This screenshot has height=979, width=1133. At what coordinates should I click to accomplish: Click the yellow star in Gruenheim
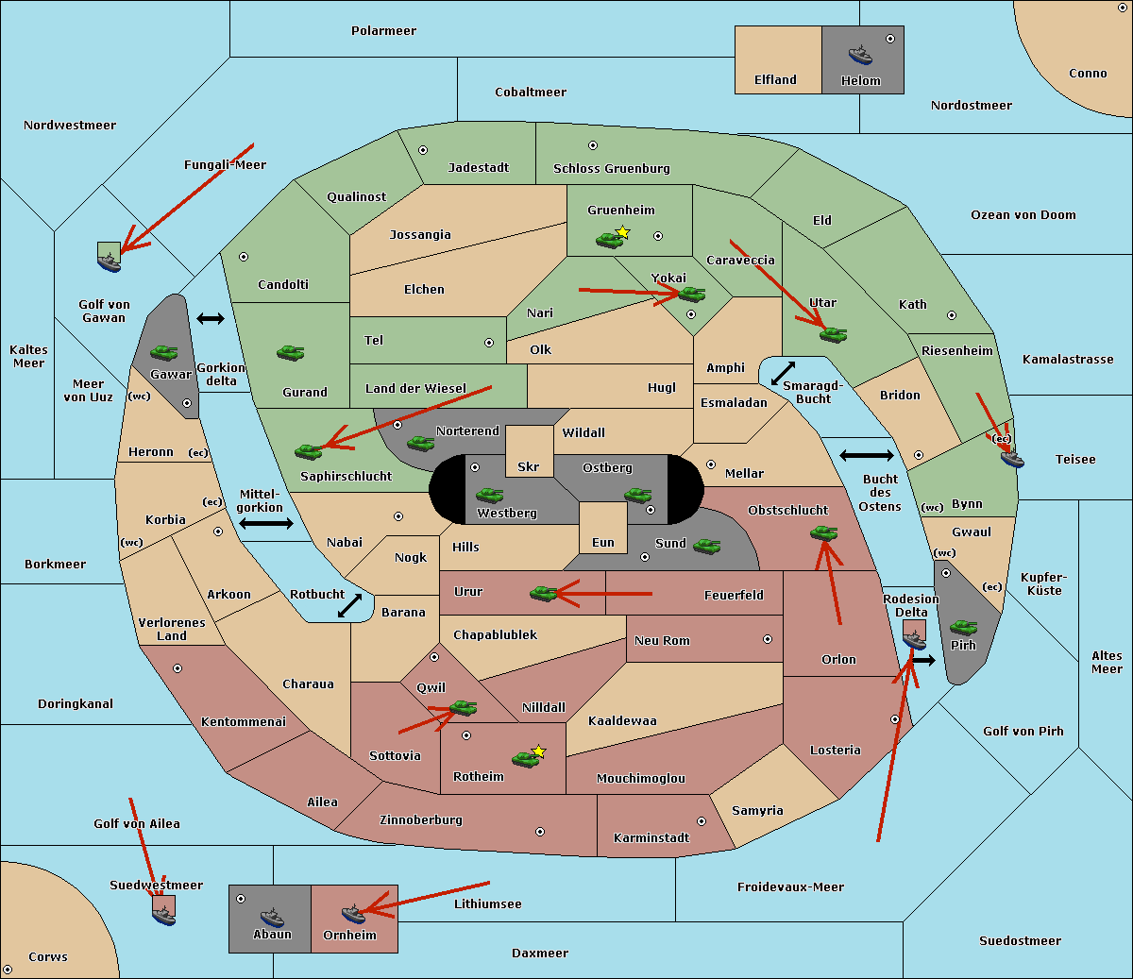click(623, 232)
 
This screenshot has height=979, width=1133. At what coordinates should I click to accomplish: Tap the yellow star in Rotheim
click(539, 751)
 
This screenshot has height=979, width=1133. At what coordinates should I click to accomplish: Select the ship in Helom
click(860, 55)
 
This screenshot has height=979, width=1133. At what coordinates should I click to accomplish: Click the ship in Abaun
click(272, 918)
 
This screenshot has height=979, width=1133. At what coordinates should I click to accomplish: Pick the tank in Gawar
click(164, 352)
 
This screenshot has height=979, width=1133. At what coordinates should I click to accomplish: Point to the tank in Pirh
click(963, 627)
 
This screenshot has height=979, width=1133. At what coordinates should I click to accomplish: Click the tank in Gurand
click(290, 352)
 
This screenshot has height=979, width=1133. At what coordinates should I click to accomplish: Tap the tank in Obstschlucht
click(824, 532)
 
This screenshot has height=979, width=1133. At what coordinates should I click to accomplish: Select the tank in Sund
click(706, 546)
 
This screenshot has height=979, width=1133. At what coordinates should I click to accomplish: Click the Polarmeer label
click(383, 31)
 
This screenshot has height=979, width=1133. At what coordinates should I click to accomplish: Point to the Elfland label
click(775, 80)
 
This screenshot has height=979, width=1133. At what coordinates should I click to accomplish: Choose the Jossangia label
click(420, 235)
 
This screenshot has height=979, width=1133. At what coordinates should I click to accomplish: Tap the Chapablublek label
click(495, 634)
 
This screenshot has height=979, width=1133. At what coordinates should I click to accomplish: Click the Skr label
click(529, 467)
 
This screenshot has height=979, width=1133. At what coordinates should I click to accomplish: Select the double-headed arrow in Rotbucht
click(349, 606)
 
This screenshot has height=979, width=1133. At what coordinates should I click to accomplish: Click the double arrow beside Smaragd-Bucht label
click(783, 373)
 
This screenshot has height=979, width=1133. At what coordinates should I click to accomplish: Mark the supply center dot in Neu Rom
click(768, 639)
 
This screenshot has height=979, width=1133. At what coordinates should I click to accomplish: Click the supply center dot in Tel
click(489, 343)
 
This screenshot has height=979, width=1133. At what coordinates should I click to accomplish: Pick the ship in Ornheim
click(353, 914)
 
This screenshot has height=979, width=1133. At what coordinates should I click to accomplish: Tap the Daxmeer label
click(540, 954)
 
